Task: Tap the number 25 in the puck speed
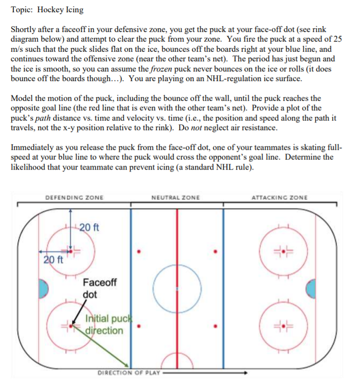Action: (x=337, y=39)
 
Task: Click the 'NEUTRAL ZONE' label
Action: (x=175, y=198)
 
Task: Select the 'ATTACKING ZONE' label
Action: (x=279, y=198)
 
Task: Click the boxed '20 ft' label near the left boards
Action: (x=53, y=260)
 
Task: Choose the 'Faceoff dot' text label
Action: (x=99, y=288)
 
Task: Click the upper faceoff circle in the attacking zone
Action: (x=281, y=249)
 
